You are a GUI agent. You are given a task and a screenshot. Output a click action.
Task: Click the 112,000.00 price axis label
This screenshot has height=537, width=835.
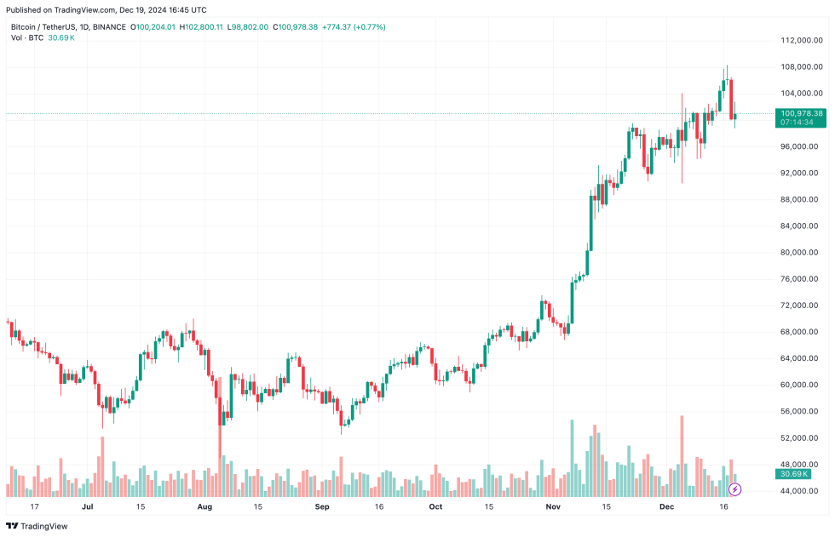(802, 40)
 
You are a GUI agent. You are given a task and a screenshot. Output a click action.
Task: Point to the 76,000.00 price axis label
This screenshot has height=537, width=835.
(800, 278)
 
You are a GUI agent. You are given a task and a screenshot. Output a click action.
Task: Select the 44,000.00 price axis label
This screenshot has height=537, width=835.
(800, 491)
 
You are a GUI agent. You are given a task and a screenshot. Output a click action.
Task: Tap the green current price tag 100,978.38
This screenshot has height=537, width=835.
(801, 113)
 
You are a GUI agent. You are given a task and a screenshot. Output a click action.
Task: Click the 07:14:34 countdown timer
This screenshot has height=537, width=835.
(798, 123)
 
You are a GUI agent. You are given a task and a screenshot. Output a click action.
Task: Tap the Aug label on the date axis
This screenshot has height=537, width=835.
(204, 506)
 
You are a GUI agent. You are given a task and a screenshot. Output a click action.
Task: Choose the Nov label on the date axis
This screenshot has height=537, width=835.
(553, 506)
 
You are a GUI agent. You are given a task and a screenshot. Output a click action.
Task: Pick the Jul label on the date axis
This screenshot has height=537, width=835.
(88, 506)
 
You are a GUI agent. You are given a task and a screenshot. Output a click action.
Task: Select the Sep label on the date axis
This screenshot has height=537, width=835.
(321, 506)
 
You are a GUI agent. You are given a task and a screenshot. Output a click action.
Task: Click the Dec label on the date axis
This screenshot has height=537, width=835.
(667, 506)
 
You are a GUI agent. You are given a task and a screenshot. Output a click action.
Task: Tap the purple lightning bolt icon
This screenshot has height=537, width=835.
(734, 489)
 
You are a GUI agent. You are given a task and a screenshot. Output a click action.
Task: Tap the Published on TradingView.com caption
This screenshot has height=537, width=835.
(107, 10)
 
